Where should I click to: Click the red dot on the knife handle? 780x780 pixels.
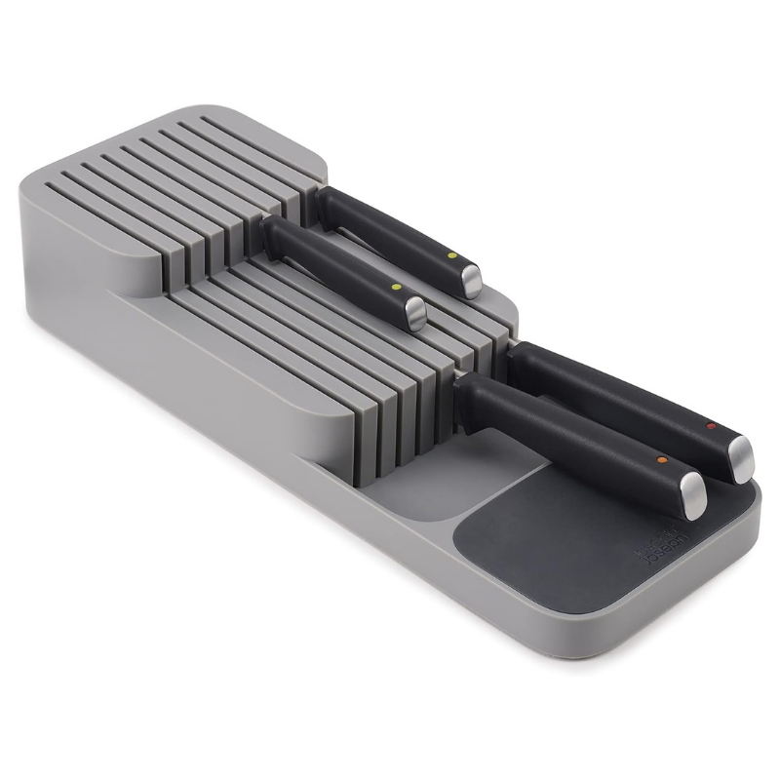710,426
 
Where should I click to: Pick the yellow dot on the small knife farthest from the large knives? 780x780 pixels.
453,256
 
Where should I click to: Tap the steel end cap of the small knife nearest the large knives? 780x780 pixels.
415,314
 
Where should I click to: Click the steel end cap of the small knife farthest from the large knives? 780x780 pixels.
471,281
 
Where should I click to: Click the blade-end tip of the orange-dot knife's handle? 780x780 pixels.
460,385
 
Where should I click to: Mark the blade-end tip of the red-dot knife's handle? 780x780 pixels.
513,356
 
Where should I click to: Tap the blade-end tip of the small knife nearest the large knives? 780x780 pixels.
268,226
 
